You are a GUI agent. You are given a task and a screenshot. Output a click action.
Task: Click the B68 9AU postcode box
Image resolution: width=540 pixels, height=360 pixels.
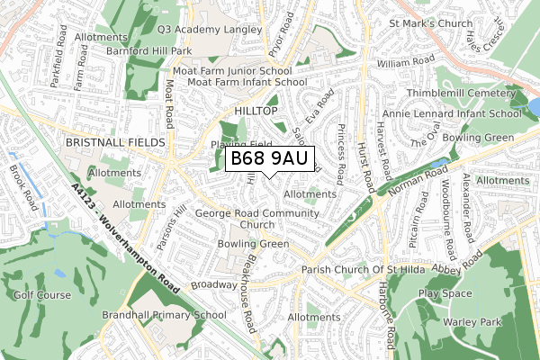pos(269,159)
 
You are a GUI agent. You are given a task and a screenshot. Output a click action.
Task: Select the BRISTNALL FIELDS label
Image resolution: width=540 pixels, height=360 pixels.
pos(114,143)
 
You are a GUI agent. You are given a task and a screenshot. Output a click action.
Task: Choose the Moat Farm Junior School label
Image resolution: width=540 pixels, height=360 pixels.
pos(238,70)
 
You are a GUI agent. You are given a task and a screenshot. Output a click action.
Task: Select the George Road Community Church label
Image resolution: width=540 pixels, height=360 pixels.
pos(257,219)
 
